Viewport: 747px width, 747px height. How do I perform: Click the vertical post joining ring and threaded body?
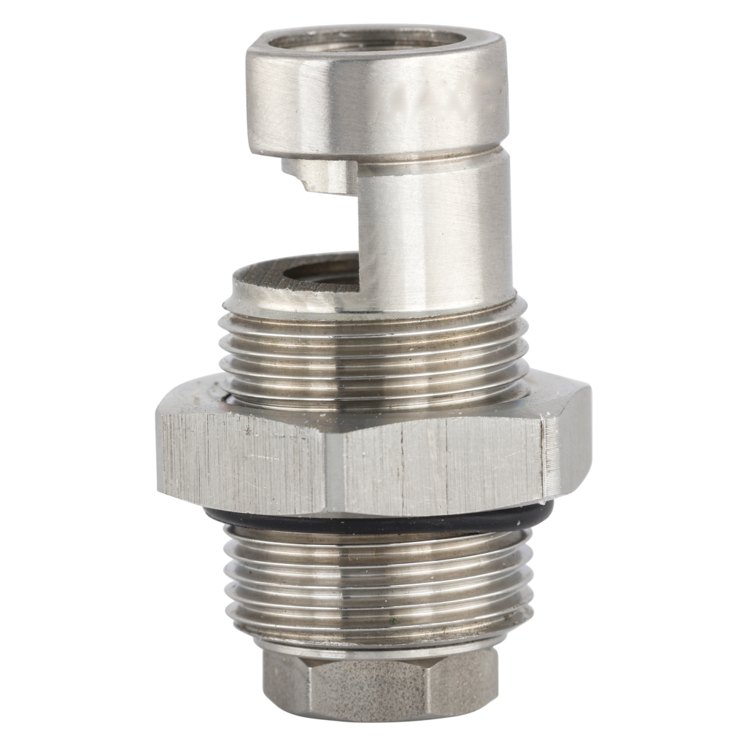(x=430, y=233)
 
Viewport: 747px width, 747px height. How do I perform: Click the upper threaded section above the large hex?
(x=372, y=350)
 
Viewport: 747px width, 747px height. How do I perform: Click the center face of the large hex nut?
(x=438, y=463)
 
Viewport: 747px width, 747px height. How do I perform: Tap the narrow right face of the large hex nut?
(x=568, y=445)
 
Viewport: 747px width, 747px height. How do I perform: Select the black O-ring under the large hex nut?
(x=379, y=522)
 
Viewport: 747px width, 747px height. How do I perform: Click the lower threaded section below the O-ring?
(x=379, y=584)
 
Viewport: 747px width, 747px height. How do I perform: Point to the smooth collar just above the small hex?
(x=379, y=642)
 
